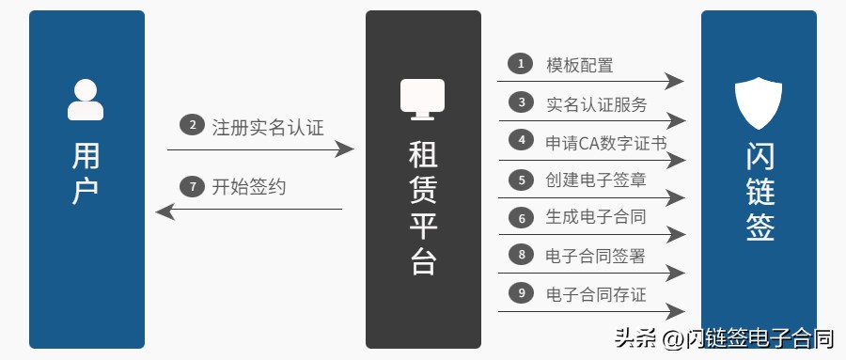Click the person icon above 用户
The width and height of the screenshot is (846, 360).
86,100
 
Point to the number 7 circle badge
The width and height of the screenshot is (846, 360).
192,186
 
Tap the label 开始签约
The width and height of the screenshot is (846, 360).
249,187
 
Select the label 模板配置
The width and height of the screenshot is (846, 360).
580,65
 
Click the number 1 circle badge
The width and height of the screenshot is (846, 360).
520,64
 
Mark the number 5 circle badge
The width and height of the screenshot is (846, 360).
520,179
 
